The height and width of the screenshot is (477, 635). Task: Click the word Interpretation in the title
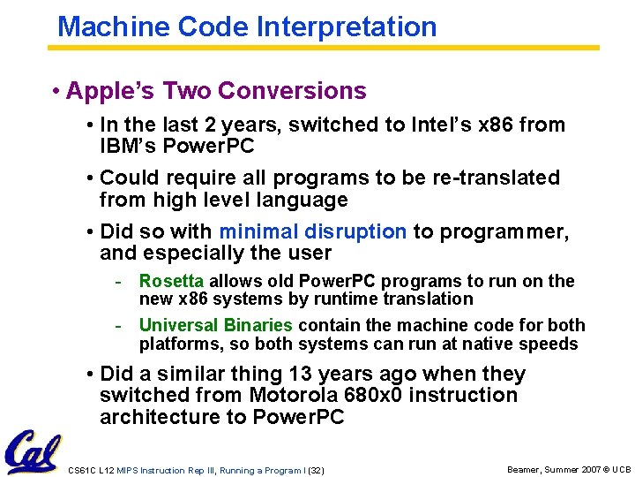tap(347, 26)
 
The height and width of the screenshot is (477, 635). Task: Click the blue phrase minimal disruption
tap(312, 231)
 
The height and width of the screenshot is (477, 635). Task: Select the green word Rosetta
tap(171, 282)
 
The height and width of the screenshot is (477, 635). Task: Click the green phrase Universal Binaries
tap(215, 326)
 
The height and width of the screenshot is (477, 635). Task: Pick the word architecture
tap(152, 417)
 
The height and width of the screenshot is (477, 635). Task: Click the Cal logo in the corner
tap(33, 451)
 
